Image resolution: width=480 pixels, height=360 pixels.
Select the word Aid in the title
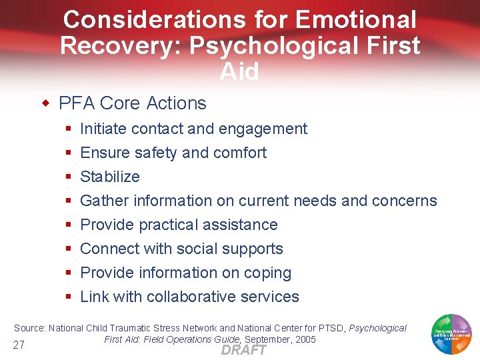click(239, 71)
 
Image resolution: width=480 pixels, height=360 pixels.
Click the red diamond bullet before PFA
click(46, 103)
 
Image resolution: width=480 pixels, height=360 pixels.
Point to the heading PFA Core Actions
click(133, 103)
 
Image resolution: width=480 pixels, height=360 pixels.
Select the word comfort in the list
click(239, 153)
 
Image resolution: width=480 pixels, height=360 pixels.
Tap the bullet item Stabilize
click(110, 177)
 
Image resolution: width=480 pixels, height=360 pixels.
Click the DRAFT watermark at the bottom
click(243, 350)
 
